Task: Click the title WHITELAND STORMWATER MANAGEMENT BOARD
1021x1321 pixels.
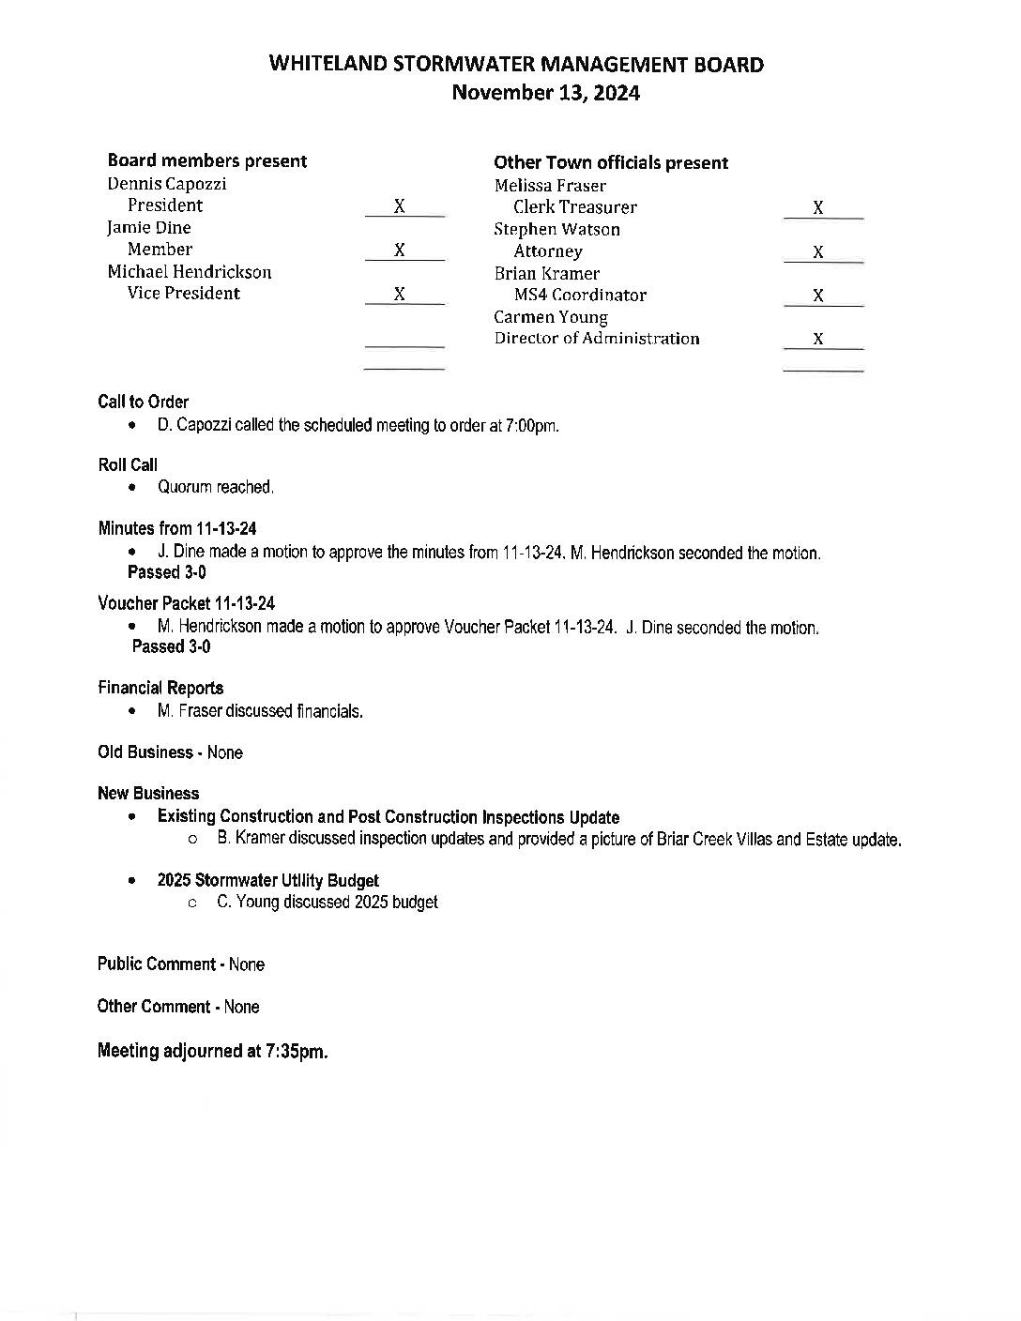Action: click(515, 65)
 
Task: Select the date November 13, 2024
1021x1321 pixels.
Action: click(545, 93)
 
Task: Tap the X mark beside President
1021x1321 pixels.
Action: click(400, 206)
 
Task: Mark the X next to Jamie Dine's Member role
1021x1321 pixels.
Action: click(400, 250)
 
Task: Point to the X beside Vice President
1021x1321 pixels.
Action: click(400, 294)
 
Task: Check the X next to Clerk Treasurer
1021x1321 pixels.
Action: click(818, 208)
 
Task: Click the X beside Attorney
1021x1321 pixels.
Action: click(818, 251)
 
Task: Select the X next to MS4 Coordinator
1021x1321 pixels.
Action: click(818, 296)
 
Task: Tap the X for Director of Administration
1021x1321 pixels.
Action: click(818, 339)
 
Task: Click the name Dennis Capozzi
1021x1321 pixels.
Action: click(167, 184)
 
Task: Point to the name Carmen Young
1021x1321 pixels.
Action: click(551, 317)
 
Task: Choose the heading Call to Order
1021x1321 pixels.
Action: click(143, 402)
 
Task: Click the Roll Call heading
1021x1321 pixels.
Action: click(128, 464)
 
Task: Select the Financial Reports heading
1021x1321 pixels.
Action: click(160, 688)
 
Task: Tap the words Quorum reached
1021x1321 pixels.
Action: click(216, 487)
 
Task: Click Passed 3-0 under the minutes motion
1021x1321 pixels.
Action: click(167, 572)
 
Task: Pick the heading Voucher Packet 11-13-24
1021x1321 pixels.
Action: click(186, 603)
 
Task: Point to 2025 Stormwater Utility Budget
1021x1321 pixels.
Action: click(268, 880)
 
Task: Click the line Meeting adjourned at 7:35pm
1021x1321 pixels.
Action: click(212, 1051)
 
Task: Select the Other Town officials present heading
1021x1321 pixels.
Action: click(611, 162)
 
